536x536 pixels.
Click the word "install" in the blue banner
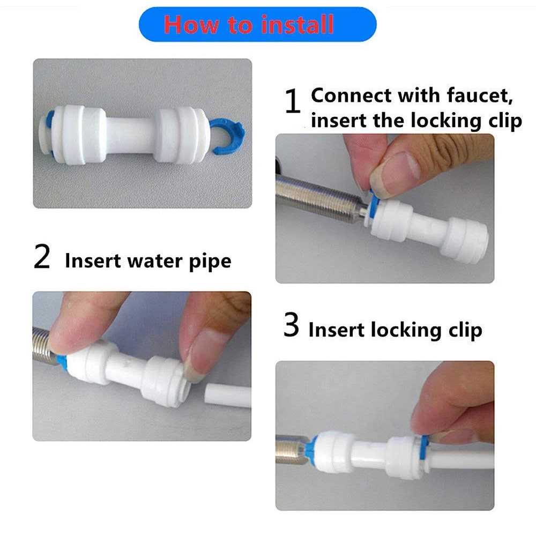297,25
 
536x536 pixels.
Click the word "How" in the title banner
189,25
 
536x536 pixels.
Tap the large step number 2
42,258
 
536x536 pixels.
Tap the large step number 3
291,326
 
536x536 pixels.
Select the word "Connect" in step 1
352,96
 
